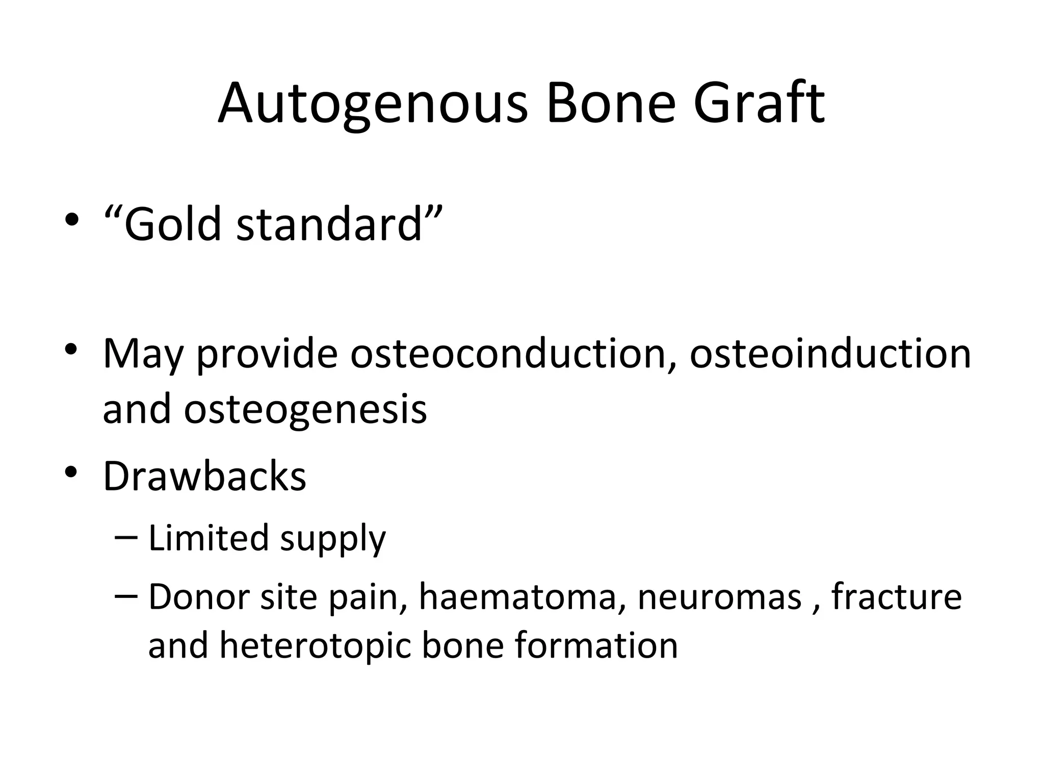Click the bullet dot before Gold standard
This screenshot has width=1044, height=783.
[72, 220]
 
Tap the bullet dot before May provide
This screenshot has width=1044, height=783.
[72, 350]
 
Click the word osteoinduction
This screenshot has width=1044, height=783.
[830, 354]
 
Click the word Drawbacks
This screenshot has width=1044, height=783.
[204, 477]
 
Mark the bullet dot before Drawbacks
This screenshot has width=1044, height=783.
[72, 472]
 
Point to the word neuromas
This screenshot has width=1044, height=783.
[719, 597]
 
